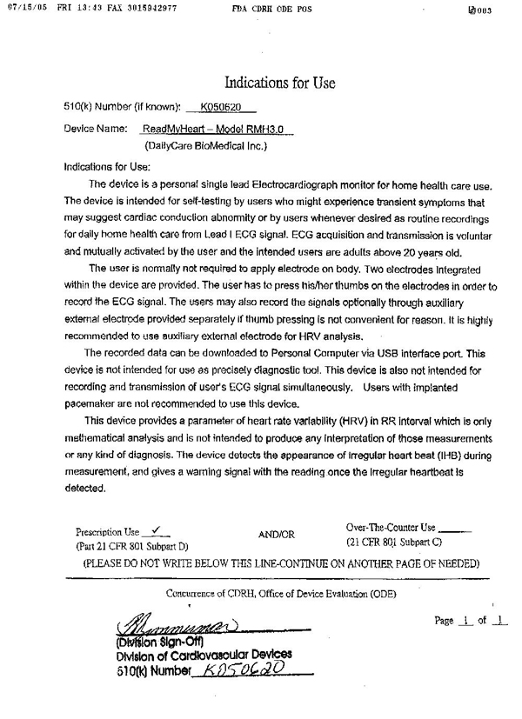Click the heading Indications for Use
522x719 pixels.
[279, 83]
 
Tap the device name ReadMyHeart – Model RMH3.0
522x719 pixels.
[217, 129]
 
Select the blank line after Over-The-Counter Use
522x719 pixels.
[456, 527]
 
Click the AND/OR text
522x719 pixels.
[277, 534]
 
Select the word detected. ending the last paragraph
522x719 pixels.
[85, 488]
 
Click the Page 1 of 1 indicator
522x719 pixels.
[470, 621]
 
